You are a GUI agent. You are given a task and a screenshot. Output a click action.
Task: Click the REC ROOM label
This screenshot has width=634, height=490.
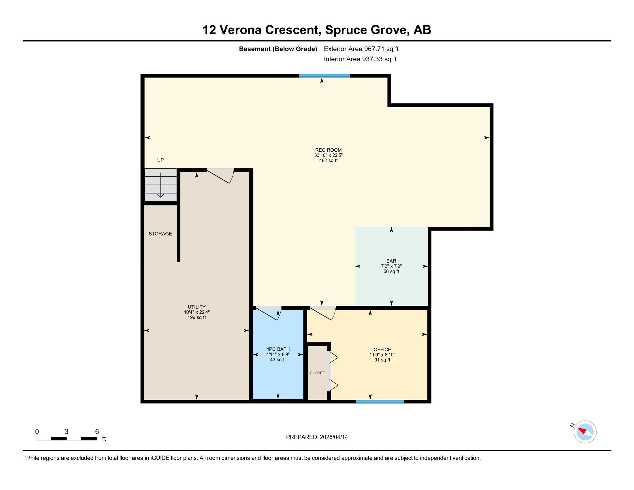click(328, 150)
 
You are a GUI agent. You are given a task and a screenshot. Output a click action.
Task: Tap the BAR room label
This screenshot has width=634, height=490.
click(391, 261)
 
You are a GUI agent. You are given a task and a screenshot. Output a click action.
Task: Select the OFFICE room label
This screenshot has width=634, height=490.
click(382, 350)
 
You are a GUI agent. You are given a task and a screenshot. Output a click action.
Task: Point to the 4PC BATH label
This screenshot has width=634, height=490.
click(278, 349)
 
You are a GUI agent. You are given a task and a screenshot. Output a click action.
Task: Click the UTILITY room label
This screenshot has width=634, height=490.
click(197, 307)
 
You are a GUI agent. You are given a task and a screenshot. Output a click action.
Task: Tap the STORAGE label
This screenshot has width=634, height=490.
click(160, 234)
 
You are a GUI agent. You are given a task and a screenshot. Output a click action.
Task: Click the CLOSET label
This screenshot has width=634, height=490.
click(317, 373)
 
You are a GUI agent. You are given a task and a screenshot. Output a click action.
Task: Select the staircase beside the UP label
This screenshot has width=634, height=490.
click(161, 185)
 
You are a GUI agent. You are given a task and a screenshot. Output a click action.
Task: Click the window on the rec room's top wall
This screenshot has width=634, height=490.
click(324, 76)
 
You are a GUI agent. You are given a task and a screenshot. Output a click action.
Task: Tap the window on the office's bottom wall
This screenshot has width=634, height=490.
click(380, 402)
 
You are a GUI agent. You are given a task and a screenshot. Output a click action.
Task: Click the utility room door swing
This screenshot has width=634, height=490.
click(220, 176)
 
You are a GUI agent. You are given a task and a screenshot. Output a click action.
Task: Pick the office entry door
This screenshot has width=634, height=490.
click(323, 313)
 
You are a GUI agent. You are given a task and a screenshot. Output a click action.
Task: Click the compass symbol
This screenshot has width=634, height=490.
click(585, 432)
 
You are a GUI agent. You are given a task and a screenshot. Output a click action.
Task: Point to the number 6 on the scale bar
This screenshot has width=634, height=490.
click(97, 431)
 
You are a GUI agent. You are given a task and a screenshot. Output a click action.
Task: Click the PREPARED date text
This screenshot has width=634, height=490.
click(317, 437)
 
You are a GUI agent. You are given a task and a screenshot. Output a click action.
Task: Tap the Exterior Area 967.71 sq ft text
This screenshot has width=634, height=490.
click(361, 49)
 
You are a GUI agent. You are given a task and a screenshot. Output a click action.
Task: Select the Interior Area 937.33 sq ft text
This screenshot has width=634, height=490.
click(360, 59)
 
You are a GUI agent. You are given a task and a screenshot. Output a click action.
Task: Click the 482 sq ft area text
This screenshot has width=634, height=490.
click(328, 161)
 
